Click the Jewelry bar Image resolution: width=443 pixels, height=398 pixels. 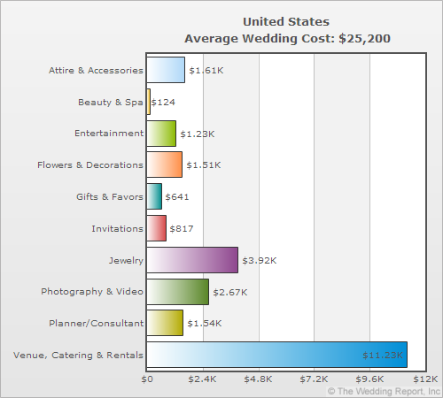(192, 260)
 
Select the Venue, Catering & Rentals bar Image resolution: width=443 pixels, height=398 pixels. (276, 355)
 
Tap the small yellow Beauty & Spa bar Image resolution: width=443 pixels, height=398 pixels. (149, 102)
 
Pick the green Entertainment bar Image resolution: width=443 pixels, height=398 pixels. (161, 134)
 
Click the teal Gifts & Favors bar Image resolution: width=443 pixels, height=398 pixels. (154, 196)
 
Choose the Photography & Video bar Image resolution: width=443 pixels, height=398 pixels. (178, 292)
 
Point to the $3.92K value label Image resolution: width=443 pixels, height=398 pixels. (260, 261)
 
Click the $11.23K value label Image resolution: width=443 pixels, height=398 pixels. (383, 355)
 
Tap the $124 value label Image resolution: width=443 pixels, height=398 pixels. (163, 103)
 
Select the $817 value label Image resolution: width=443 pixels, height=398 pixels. (182, 228)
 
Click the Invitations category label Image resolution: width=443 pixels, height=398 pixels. (117, 228)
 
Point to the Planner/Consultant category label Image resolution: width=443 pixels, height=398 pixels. (97, 324)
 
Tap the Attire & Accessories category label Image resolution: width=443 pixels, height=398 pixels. (96, 71)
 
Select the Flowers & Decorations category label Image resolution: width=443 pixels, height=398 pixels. (90, 165)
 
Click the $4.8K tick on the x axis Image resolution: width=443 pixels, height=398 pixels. (258, 379)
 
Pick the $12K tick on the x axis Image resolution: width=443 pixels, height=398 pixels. (425, 379)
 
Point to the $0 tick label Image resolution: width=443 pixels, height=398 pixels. (147, 379)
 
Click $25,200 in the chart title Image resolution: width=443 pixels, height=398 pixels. (364, 39)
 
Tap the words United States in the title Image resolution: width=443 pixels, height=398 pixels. (286, 22)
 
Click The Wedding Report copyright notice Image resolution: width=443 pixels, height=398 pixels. (384, 391)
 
